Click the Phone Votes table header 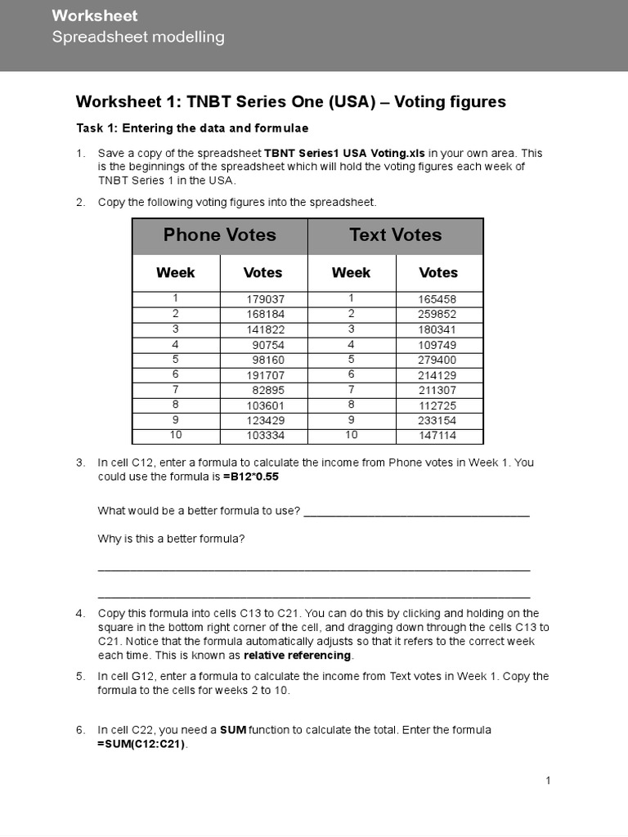(x=219, y=235)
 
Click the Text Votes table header (x=395, y=235)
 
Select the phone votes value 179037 (x=265, y=299)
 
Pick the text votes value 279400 (x=437, y=360)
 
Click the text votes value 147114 (x=437, y=436)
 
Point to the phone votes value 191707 (x=265, y=375)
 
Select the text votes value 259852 (x=437, y=314)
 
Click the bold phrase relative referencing (x=298, y=656)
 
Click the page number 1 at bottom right (x=549, y=781)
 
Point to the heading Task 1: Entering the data (x=191, y=128)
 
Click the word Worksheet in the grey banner (x=95, y=16)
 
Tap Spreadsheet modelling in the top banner (x=138, y=37)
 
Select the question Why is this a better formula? (x=172, y=539)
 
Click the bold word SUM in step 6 (x=233, y=730)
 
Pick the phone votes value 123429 (x=265, y=421)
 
